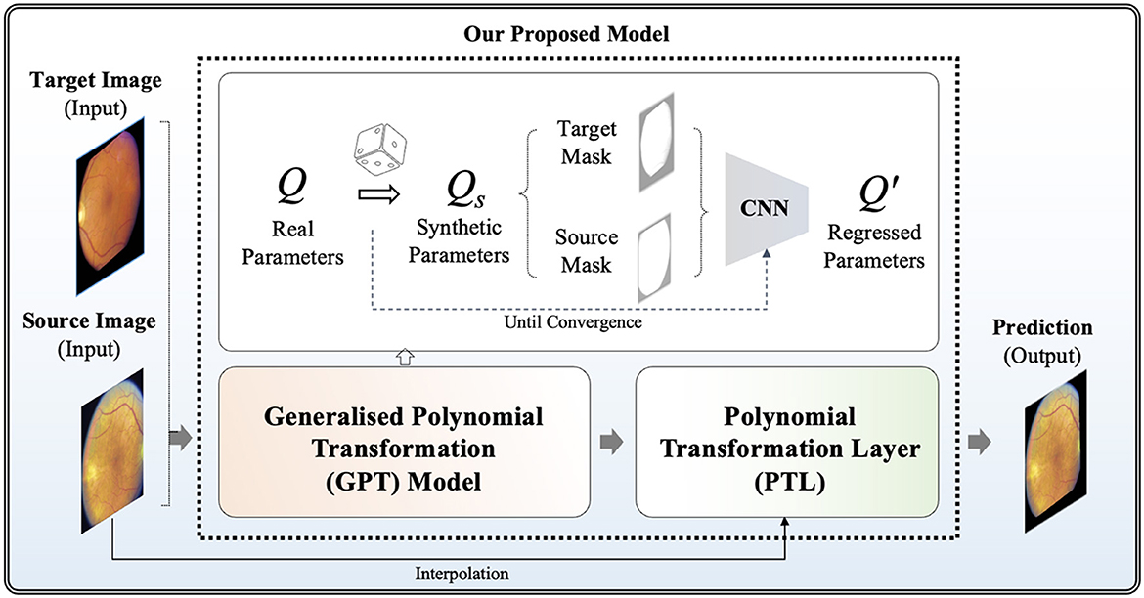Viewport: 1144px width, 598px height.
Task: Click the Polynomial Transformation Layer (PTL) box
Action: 786,442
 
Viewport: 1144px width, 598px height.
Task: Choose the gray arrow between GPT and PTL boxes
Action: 611,442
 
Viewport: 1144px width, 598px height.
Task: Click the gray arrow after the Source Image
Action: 180,442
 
